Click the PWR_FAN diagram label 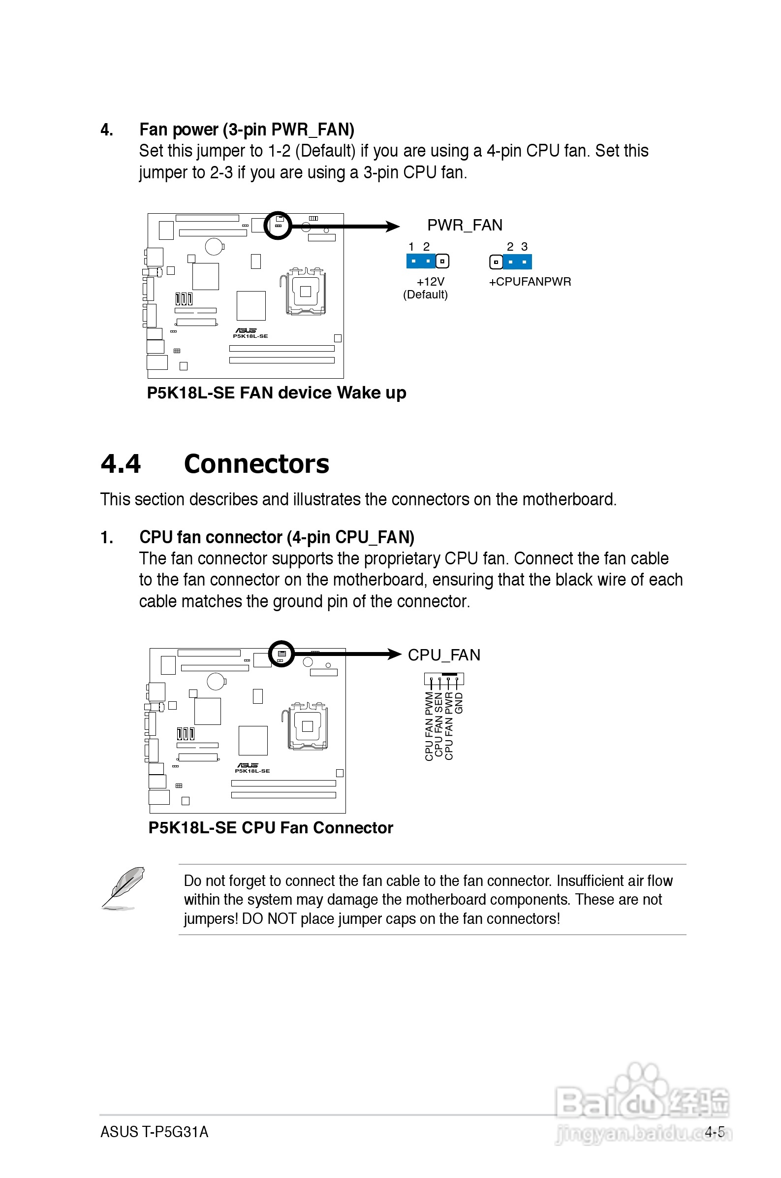(464, 225)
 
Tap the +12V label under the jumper (430, 282)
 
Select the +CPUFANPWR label (530, 282)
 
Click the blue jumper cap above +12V (421, 261)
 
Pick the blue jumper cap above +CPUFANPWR (518, 262)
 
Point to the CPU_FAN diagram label (444, 655)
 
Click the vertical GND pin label (459, 703)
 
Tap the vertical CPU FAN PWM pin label (429, 726)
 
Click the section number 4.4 (121, 464)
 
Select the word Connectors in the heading (256, 464)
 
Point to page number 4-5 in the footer (714, 1132)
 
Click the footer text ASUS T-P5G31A (155, 1132)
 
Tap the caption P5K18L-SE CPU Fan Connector (271, 828)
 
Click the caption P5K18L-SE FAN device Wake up (277, 393)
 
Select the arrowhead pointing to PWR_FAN (393, 227)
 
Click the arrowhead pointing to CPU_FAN (395, 654)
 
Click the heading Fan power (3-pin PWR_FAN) (247, 130)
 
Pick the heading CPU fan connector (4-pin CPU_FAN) (277, 537)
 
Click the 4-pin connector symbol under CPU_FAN (444, 679)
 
